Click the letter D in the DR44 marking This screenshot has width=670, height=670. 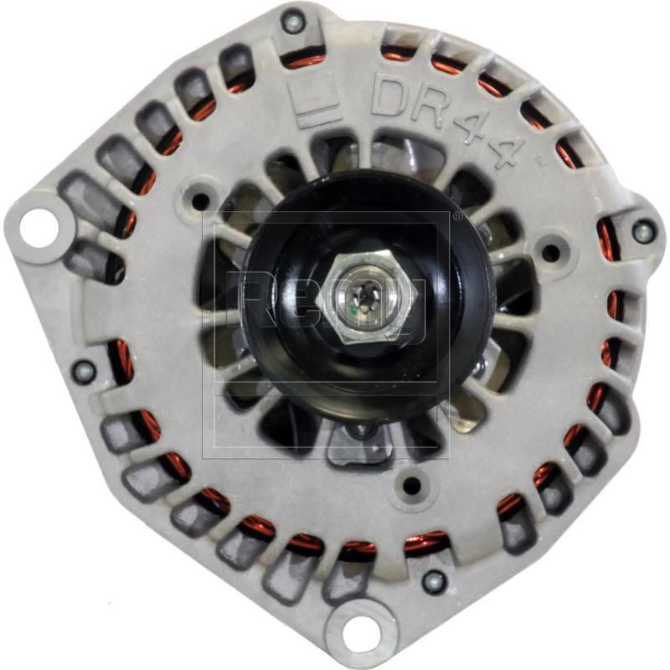click(x=390, y=95)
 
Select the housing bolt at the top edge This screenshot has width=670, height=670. click(x=293, y=21)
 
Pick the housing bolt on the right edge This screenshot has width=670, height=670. click(x=642, y=231)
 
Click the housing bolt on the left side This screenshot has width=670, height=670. click(x=83, y=371)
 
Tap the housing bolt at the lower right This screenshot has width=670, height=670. click(x=433, y=580)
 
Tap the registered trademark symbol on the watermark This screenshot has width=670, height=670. click(x=457, y=216)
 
